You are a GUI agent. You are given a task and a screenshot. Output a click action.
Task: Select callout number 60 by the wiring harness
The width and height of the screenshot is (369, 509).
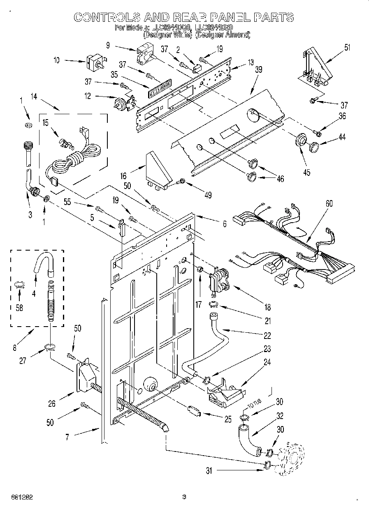[329, 203]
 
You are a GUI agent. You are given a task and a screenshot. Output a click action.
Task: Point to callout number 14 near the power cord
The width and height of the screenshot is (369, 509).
[34, 97]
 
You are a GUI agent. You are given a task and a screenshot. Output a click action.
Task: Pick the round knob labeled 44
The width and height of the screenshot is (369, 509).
[315, 145]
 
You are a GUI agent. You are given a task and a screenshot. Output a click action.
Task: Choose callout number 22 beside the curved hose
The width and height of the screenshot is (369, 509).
[267, 336]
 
